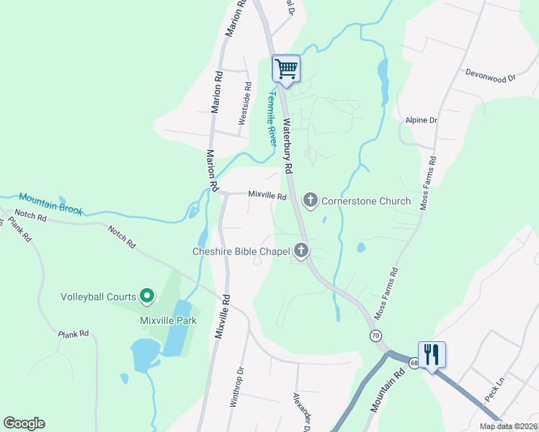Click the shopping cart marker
(x=286, y=68)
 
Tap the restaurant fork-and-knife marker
(x=432, y=355)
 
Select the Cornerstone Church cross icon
(x=311, y=200)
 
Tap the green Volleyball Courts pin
(x=147, y=295)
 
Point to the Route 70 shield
(x=375, y=336)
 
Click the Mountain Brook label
(x=50, y=204)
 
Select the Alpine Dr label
(x=422, y=120)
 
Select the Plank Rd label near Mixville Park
(x=73, y=333)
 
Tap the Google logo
(x=24, y=423)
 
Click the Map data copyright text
(x=508, y=426)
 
